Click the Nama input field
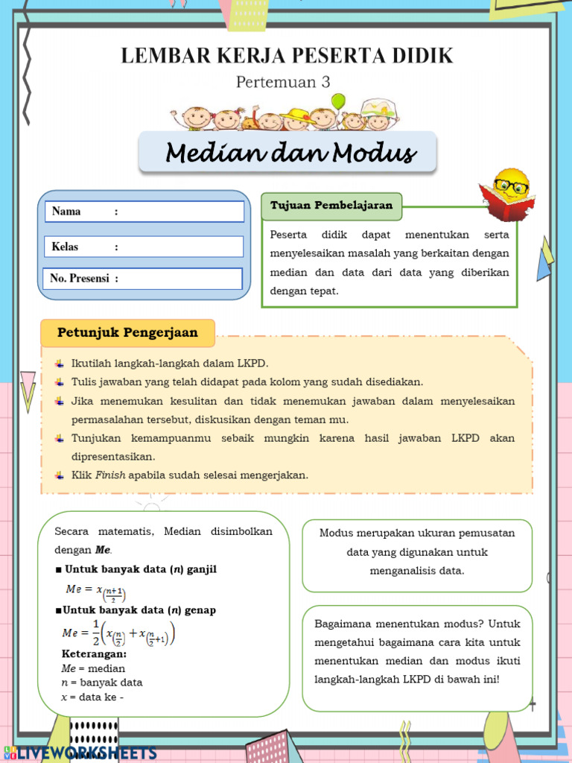pos(179,212)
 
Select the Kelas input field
pos(179,247)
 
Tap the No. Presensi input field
pos(179,279)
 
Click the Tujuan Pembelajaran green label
pos(331,206)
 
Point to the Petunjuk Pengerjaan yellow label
pos(127,332)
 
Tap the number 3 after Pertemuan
pos(325,82)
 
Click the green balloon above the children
pos(339,101)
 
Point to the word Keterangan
pos(93,654)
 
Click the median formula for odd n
pos(96,590)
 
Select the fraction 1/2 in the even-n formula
pos(95,632)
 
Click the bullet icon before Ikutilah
pos(60,364)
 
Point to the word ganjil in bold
pos(201,569)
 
